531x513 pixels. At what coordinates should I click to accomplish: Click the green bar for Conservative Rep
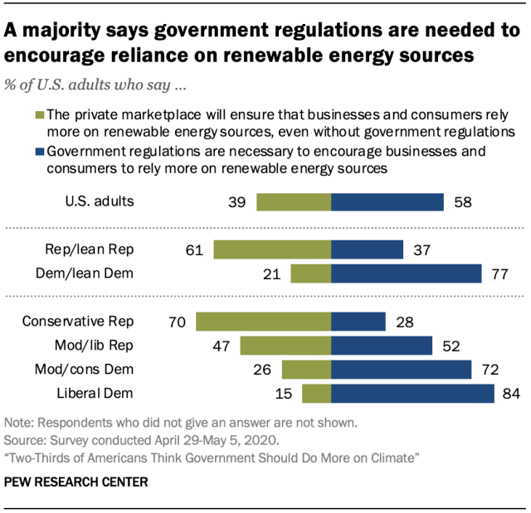(x=263, y=322)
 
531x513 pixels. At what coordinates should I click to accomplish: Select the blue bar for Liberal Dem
(x=412, y=394)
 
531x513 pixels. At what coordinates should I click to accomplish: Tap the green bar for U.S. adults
(x=294, y=201)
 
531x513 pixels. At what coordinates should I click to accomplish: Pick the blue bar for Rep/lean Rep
(x=367, y=249)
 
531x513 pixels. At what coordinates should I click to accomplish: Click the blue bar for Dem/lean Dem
(x=406, y=273)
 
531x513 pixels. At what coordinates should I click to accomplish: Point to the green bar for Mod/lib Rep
(x=285, y=346)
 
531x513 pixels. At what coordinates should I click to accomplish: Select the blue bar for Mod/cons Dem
(x=401, y=370)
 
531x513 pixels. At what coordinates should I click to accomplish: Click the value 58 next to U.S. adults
(x=461, y=201)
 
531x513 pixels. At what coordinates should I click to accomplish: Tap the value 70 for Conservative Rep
(x=178, y=322)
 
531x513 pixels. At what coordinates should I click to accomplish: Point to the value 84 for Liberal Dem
(x=511, y=394)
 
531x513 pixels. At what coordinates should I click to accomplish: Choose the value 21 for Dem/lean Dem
(x=273, y=273)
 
